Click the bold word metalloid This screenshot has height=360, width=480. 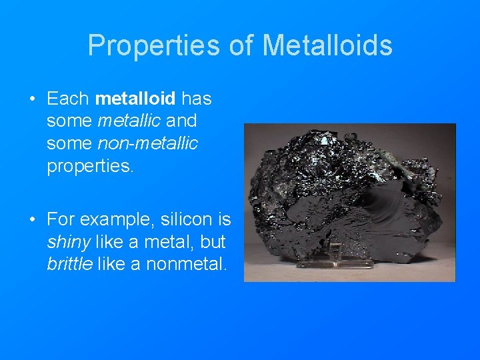135,99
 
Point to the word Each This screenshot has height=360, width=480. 68,99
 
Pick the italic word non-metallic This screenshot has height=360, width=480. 148,143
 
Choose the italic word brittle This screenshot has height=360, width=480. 69,263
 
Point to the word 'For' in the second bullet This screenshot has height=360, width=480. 59,219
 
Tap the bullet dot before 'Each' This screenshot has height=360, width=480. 31,100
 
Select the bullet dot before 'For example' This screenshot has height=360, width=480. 31,220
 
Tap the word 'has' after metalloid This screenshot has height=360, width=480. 197,99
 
